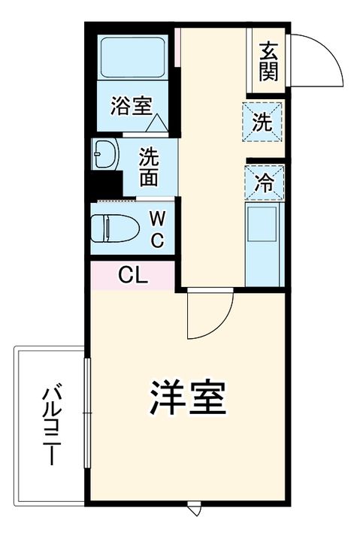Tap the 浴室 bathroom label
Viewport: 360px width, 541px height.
(131, 106)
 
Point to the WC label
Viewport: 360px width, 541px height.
(157, 228)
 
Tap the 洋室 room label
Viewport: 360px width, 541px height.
(188, 399)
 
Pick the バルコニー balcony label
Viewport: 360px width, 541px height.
(51, 425)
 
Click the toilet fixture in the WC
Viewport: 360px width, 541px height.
(113, 227)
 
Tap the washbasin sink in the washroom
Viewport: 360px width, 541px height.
(105, 155)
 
